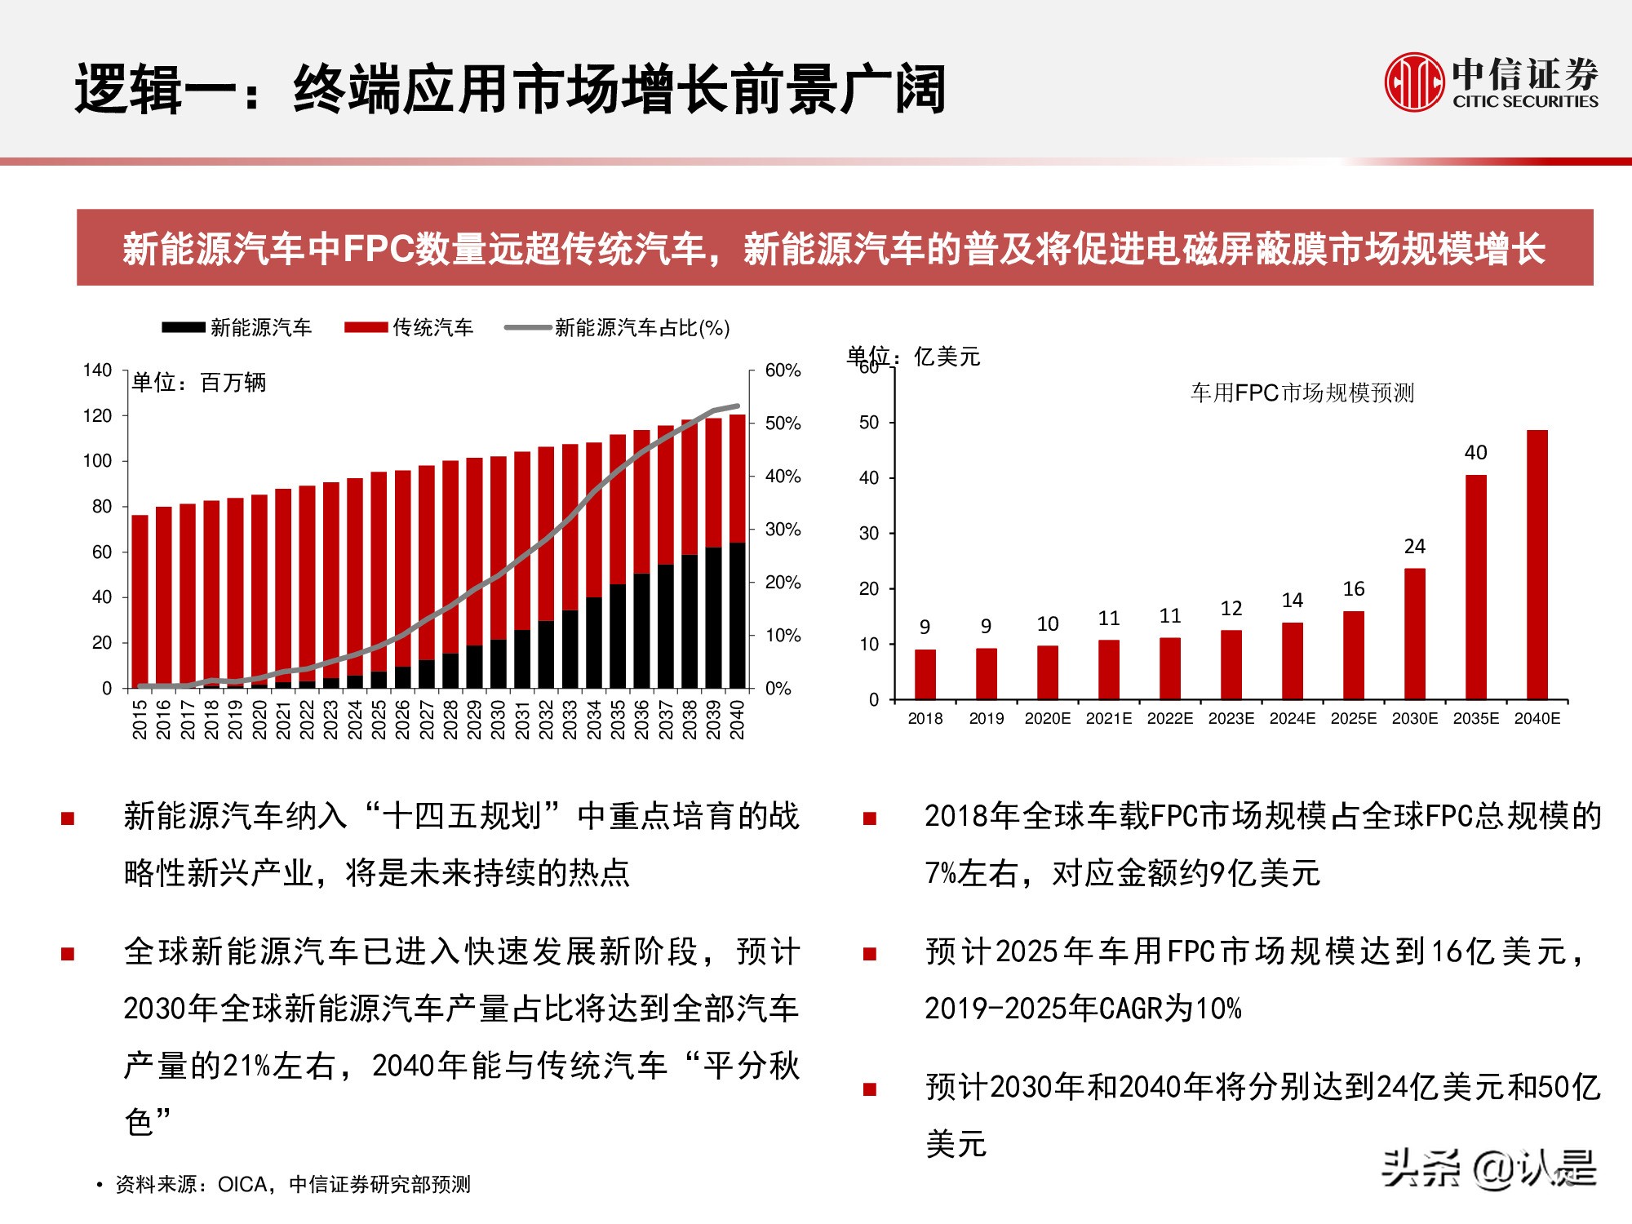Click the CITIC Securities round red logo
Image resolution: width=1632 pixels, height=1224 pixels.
click(1414, 82)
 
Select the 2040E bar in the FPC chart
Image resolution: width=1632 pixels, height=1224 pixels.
click(1537, 564)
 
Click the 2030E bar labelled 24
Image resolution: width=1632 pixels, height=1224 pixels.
click(1414, 633)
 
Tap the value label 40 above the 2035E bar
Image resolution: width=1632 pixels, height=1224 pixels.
click(1475, 453)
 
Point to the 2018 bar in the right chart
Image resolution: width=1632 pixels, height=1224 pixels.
click(925, 674)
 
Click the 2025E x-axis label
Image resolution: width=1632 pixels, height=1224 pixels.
click(1353, 719)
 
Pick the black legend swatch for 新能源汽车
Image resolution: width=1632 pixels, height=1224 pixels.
click(183, 328)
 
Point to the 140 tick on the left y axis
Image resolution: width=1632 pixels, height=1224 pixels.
click(97, 370)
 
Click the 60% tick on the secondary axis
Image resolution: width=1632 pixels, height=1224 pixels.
click(783, 370)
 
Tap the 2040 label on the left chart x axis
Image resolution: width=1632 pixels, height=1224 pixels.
click(737, 719)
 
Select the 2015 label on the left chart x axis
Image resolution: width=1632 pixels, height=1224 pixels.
click(140, 719)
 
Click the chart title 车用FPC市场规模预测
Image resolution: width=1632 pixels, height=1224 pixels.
click(1302, 393)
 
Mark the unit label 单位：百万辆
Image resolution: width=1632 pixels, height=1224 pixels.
click(199, 383)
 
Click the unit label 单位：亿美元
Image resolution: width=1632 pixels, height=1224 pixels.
click(913, 357)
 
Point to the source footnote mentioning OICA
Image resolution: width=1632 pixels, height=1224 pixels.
click(293, 1184)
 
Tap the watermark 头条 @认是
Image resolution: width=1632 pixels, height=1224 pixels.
click(1488, 1169)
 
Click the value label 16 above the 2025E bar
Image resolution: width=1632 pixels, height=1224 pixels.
click(1354, 589)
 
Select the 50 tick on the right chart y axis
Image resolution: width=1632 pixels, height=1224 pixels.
click(868, 423)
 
